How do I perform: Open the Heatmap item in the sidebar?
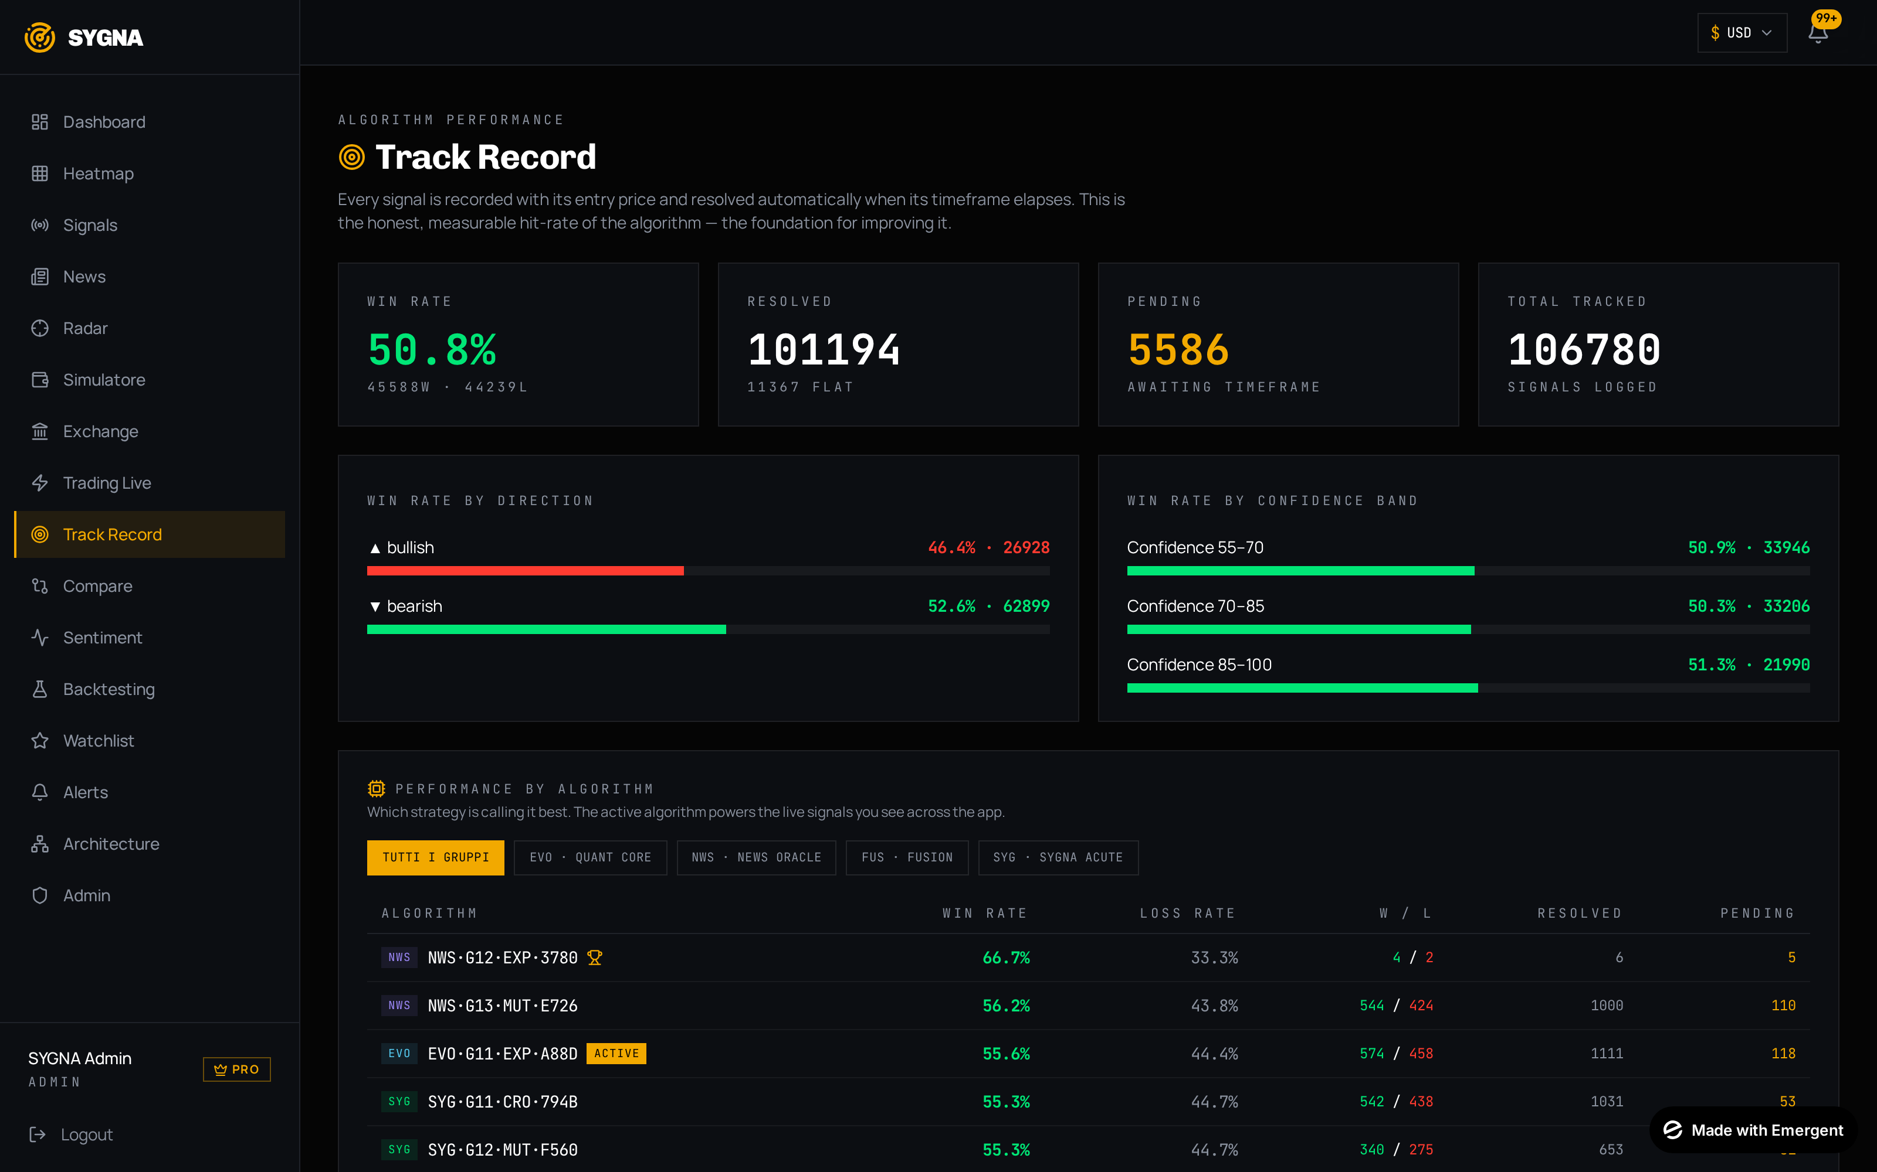(98, 173)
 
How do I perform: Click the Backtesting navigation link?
(109, 689)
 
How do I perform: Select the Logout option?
(86, 1135)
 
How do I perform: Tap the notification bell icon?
(1818, 33)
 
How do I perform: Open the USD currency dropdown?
(1742, 33)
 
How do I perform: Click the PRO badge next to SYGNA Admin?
(236, 1069)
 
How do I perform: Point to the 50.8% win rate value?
(432, 350)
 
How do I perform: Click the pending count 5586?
(1179, 350)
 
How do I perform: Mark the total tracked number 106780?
(1584, 350)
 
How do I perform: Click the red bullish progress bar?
(525, 571)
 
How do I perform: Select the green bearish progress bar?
(546, 629)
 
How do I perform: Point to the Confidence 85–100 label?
(1199, 665)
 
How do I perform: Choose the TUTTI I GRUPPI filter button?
(435, 857)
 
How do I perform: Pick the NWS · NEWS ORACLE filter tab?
(756, 857)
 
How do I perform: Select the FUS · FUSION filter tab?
(907, 857)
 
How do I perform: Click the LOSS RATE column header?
(1187, 913)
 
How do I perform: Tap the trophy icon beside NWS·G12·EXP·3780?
(595, 958)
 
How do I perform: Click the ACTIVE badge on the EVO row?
(616, 1054)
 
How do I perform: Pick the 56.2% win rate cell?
(1006, 1006)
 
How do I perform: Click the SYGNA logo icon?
(39, 37)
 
